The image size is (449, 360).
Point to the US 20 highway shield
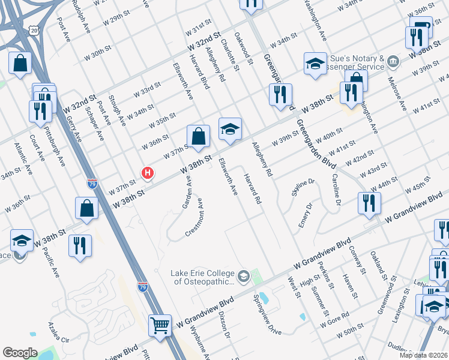click(x=34, y=29)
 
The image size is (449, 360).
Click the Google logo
click(x=20, y=352)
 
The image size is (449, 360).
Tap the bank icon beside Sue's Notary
click(x=393, y=61)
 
